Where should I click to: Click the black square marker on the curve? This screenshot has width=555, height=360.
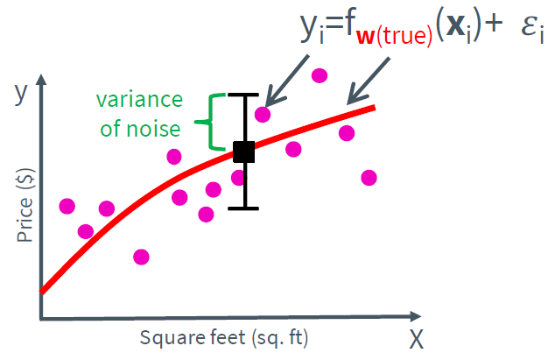244,152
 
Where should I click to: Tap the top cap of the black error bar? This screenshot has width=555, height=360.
244,94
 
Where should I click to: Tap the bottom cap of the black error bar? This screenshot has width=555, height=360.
244,208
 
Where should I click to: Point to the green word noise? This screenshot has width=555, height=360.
159,129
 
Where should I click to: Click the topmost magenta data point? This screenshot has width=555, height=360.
320,76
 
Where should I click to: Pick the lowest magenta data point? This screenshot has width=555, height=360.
141,257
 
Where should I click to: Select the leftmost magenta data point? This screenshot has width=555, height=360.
67,206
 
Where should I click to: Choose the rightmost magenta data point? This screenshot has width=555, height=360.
369,177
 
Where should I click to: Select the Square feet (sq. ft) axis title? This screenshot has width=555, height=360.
225,337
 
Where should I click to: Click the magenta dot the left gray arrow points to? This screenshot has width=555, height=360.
263,114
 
